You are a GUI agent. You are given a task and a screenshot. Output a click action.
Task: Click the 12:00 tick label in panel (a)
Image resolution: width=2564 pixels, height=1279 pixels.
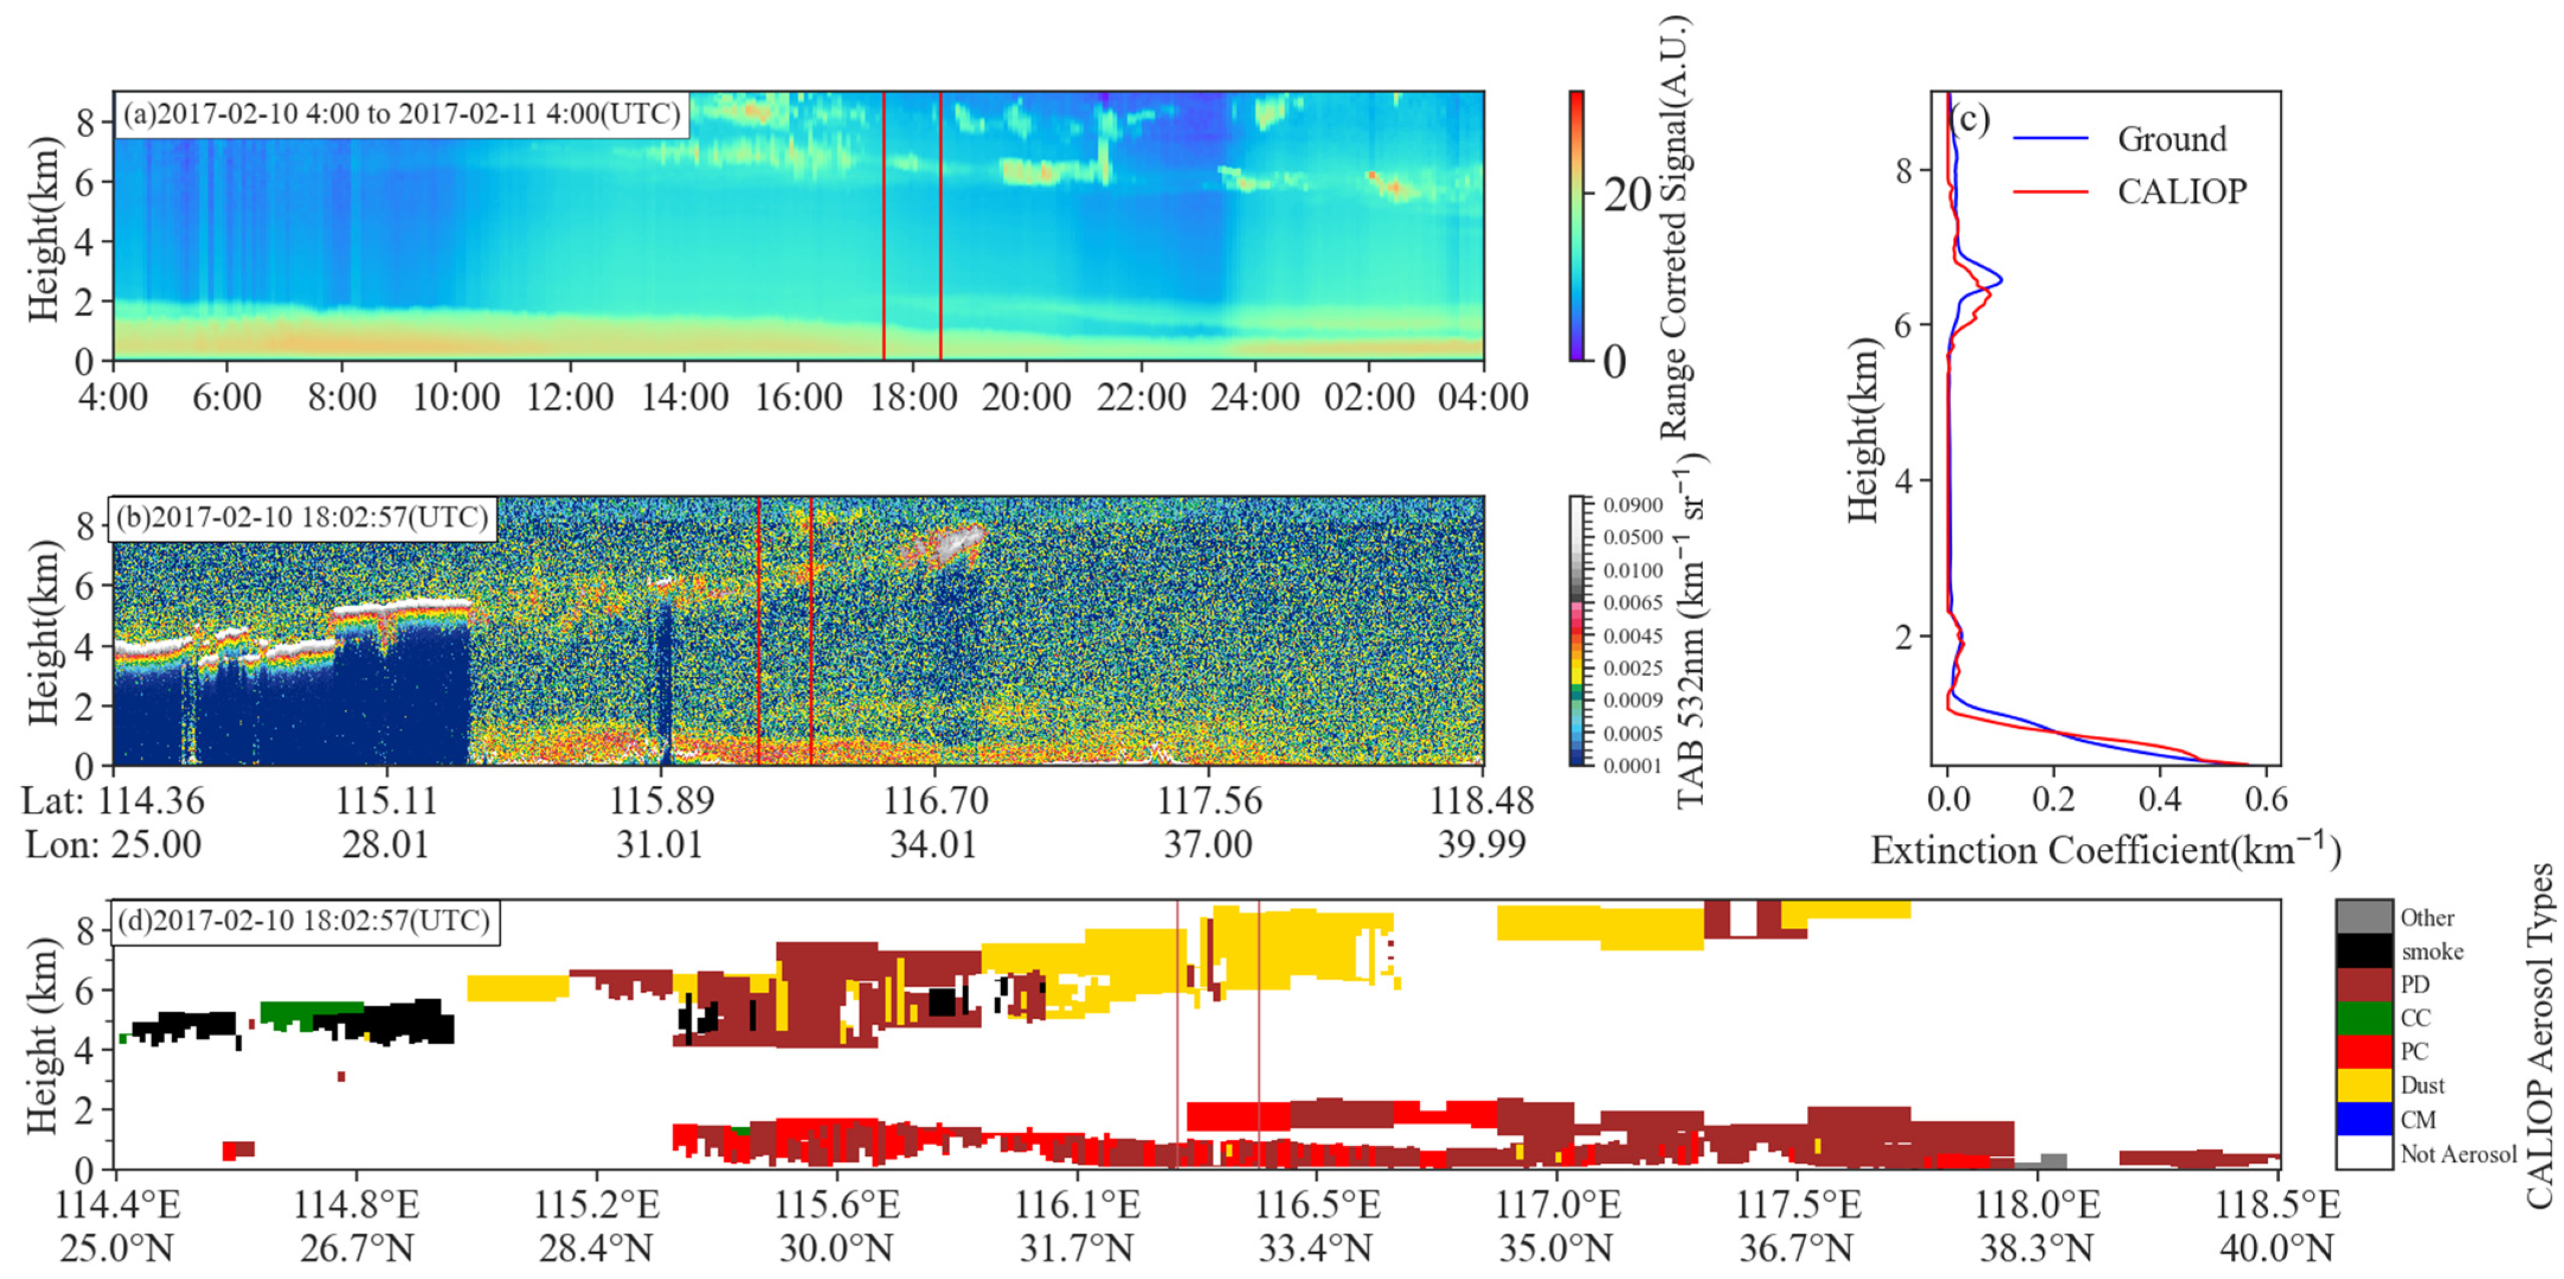(570, 397)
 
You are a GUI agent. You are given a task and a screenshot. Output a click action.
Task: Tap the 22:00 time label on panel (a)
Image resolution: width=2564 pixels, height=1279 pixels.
(1141, 397)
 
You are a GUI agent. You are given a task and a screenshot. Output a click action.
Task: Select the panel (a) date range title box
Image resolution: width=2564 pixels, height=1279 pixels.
(401, 114)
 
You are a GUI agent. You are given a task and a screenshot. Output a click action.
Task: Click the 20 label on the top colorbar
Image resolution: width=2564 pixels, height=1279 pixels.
(1627, 195)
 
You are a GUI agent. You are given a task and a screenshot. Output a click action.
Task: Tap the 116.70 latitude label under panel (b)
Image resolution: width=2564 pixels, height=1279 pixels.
(935, 800)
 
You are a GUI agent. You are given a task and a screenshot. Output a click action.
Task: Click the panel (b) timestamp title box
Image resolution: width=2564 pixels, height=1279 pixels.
(301, 518)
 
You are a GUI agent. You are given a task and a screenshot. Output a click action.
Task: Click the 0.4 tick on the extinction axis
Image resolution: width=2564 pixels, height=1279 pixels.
(2159, 799)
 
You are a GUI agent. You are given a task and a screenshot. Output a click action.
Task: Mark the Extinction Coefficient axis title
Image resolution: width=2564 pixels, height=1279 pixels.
(2105, 851)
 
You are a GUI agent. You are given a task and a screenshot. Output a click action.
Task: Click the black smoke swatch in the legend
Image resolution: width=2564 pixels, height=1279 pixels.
(2364, 950)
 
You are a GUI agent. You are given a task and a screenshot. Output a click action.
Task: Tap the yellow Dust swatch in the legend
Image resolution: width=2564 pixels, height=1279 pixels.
(2364, 1085)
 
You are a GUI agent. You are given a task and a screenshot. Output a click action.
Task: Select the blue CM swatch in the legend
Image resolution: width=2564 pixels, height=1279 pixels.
(2364, 1119)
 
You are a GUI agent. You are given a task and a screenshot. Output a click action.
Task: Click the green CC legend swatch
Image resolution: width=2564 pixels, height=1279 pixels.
(2364, 1017)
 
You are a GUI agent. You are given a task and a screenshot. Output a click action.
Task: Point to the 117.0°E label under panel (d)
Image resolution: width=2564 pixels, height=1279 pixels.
(1558, 1206)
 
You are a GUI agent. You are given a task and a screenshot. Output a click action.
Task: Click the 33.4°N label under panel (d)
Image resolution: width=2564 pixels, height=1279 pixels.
(1316, 1248)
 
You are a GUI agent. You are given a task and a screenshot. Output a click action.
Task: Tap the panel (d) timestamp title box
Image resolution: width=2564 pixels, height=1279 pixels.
(304, 921)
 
